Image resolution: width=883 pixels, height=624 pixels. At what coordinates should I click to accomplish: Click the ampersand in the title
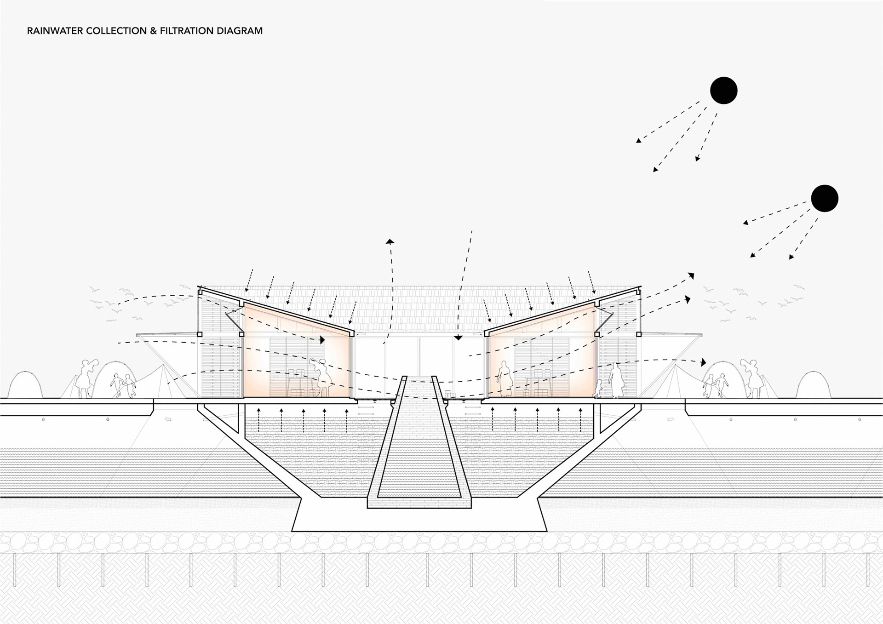[154, 31]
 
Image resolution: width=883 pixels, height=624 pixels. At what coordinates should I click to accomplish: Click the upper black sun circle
[723, 90]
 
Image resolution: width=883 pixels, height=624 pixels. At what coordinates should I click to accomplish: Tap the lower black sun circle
[824, 198]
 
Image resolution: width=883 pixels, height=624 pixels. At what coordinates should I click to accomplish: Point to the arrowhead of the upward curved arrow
[390, 241]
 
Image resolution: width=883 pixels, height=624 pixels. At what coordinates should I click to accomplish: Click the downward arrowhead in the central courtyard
[458, 337]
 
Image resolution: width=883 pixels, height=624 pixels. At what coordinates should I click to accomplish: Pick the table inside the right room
[536, 384]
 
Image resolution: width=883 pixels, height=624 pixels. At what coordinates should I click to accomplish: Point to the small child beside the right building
[599, 389]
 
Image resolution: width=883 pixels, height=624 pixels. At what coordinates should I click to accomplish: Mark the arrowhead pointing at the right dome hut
[703, 363]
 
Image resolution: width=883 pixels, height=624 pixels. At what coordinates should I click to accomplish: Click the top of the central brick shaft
[419, 379]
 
